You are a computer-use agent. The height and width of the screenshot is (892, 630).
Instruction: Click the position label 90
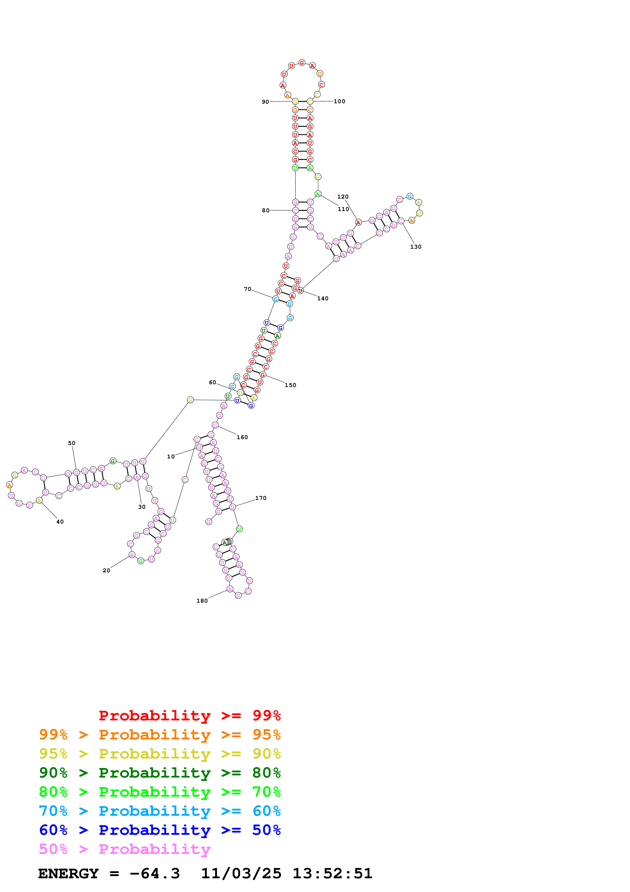pyautogui.click(x=265, y=102)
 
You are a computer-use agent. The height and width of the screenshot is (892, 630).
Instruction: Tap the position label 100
pyautogui.click(x=339, y=101)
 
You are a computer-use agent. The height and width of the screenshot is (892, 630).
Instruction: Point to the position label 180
pyautogui.click(x=202, y=601)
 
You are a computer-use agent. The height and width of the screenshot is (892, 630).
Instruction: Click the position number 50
pyautogui.click(x=72, y=443)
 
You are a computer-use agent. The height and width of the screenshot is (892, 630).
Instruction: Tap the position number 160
pyautogui.click(x=242, y=437)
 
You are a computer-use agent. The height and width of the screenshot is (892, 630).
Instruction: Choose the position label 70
pyautogui.click(x=247, y=289)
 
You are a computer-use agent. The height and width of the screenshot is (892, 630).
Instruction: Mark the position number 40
pyautogui.click(x=60, y=522)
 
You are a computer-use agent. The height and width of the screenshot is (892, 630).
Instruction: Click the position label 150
pyautogui.click(x=290, y=385)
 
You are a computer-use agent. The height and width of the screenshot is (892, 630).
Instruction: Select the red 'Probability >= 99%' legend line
pyautogui.click(x=189, y=715)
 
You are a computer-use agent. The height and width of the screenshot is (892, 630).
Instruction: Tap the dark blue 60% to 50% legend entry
pyautogui.click(x=160, y=830)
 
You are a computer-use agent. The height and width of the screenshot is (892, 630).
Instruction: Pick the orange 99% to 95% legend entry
pyautogui.click(x=160, y=734)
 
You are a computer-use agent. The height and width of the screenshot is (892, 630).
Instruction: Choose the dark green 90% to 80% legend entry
pyautogui.click(x=160, y=773)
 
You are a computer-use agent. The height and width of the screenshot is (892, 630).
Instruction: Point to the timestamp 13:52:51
pyautogui.click(x=332, y=873)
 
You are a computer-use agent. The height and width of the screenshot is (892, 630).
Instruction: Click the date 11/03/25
pyautogui.click(x=241, y=873)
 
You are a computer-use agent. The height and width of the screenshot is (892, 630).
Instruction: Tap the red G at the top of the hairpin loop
pyautogui.click(x=302, y=63)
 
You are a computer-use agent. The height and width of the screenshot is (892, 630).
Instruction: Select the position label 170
pyautogui.click(x=261, y=498)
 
